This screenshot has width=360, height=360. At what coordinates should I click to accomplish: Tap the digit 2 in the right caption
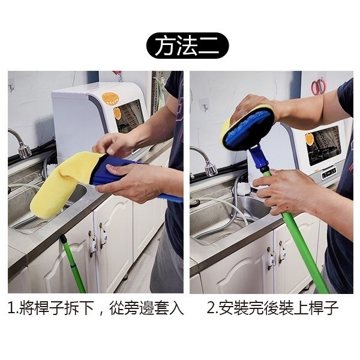[x=211, y=309]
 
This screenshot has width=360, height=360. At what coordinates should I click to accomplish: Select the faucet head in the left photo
[x=23, y=151]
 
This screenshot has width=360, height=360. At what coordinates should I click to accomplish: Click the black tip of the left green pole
[x=62, y=239]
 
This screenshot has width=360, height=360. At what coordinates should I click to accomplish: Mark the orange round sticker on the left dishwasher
[x=109, y=99]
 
